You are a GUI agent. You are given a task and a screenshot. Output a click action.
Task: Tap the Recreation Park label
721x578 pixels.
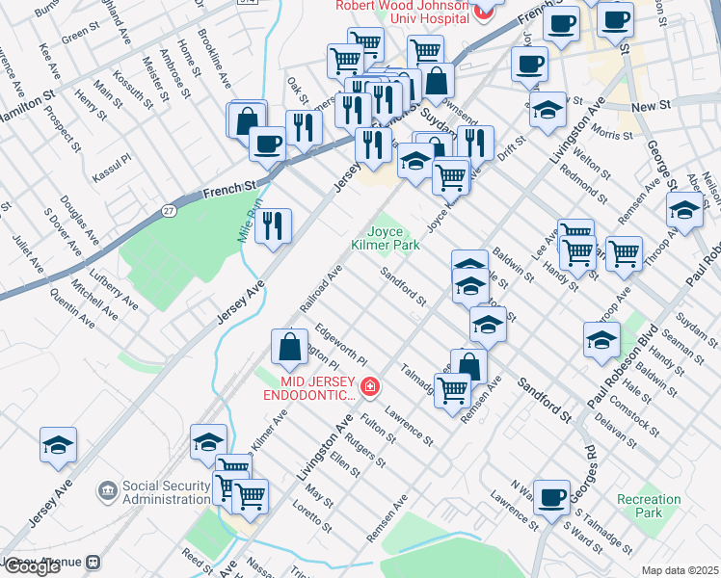(649, 506)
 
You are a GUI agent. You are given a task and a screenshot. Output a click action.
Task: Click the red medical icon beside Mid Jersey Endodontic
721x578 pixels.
(368, 388)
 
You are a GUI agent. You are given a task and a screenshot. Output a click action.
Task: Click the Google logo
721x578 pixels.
(31, 566)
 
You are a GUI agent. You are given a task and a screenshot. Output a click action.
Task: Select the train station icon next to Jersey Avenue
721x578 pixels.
(94, 562)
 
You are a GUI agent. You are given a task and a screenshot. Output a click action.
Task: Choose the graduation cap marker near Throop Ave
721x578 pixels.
(683, 211)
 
